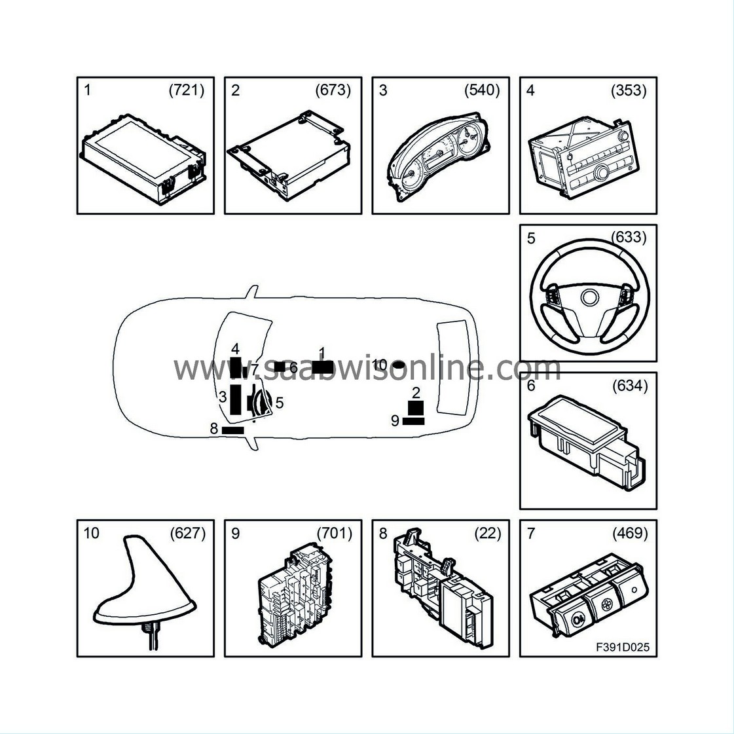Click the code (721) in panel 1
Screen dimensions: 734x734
(x=187, y=90)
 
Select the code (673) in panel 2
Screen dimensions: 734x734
(x=333, y=90)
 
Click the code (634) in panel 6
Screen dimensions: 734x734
(x=629, y=386)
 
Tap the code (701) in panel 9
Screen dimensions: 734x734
(x=335, y=534)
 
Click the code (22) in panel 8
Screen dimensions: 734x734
(x=487, y=534)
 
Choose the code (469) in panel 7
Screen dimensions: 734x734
(x=630, y=534)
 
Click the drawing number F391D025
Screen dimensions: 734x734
(x=622, y=648)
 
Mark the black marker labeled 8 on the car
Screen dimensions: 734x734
(x=233, y=430)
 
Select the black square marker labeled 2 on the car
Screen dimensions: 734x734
(x=416, y=408)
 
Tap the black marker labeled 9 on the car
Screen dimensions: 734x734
(x=413, y=421)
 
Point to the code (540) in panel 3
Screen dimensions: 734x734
(x=482, y=90)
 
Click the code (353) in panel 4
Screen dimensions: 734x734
(x=629, y=90)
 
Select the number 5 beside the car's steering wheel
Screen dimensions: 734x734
(x=280, y=403)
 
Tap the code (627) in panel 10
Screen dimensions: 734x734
(x=187, y=534)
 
